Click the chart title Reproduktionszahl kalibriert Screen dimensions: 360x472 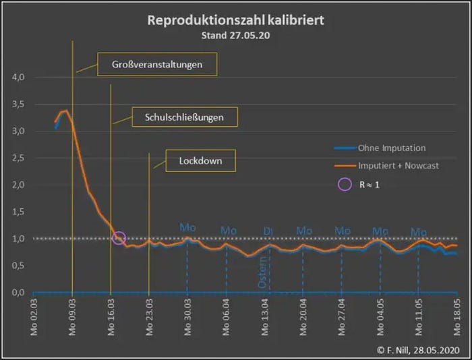click(235, 20)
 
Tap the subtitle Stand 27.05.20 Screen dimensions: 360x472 click(235, 35)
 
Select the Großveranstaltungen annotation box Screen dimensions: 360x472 click(158, 65)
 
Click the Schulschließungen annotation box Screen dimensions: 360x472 click(183, 117)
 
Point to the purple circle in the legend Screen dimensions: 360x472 click(345, 184)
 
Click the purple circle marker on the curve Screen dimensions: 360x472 click(119, 237)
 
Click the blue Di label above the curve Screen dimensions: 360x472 click(268, 232)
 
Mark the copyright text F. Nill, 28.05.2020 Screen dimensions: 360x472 click(420, 350)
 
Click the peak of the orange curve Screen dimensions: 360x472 click(65, 111)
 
